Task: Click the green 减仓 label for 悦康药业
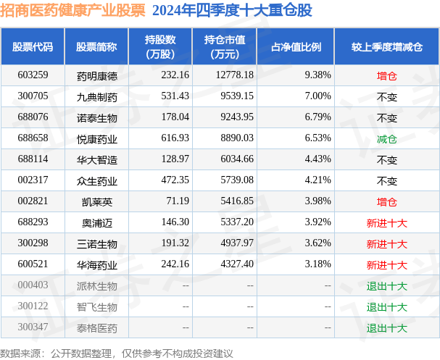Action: [386, 138]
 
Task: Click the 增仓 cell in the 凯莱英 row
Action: [386, 201]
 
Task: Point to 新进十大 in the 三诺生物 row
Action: [386, 244]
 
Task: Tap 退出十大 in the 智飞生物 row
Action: [386, 307]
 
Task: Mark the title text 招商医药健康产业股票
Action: [72, 10]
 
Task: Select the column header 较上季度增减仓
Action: [386, 46]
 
